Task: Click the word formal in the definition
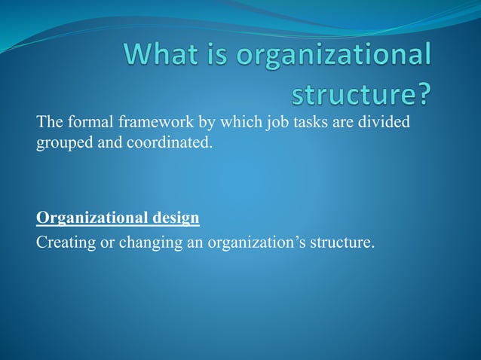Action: (85, 123)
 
